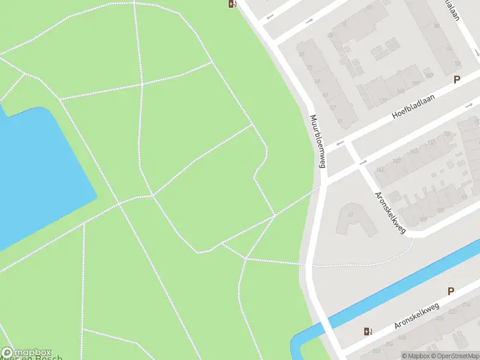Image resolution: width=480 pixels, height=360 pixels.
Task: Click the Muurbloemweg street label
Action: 318,143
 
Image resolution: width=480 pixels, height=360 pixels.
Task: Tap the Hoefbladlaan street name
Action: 413,106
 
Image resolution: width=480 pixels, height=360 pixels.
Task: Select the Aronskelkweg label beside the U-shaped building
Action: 390,214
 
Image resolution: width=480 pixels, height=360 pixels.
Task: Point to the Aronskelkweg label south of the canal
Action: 417,316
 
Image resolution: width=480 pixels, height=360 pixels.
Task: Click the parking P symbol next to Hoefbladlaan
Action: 457,79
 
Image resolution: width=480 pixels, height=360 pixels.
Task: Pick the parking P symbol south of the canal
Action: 451,291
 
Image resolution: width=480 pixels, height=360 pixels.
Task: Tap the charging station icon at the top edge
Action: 232,4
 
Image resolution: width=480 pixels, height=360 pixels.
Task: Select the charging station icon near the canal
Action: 367,331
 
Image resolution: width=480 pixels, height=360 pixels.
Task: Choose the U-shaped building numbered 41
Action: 354,219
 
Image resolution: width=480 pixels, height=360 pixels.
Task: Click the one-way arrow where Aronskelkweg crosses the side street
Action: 340,144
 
